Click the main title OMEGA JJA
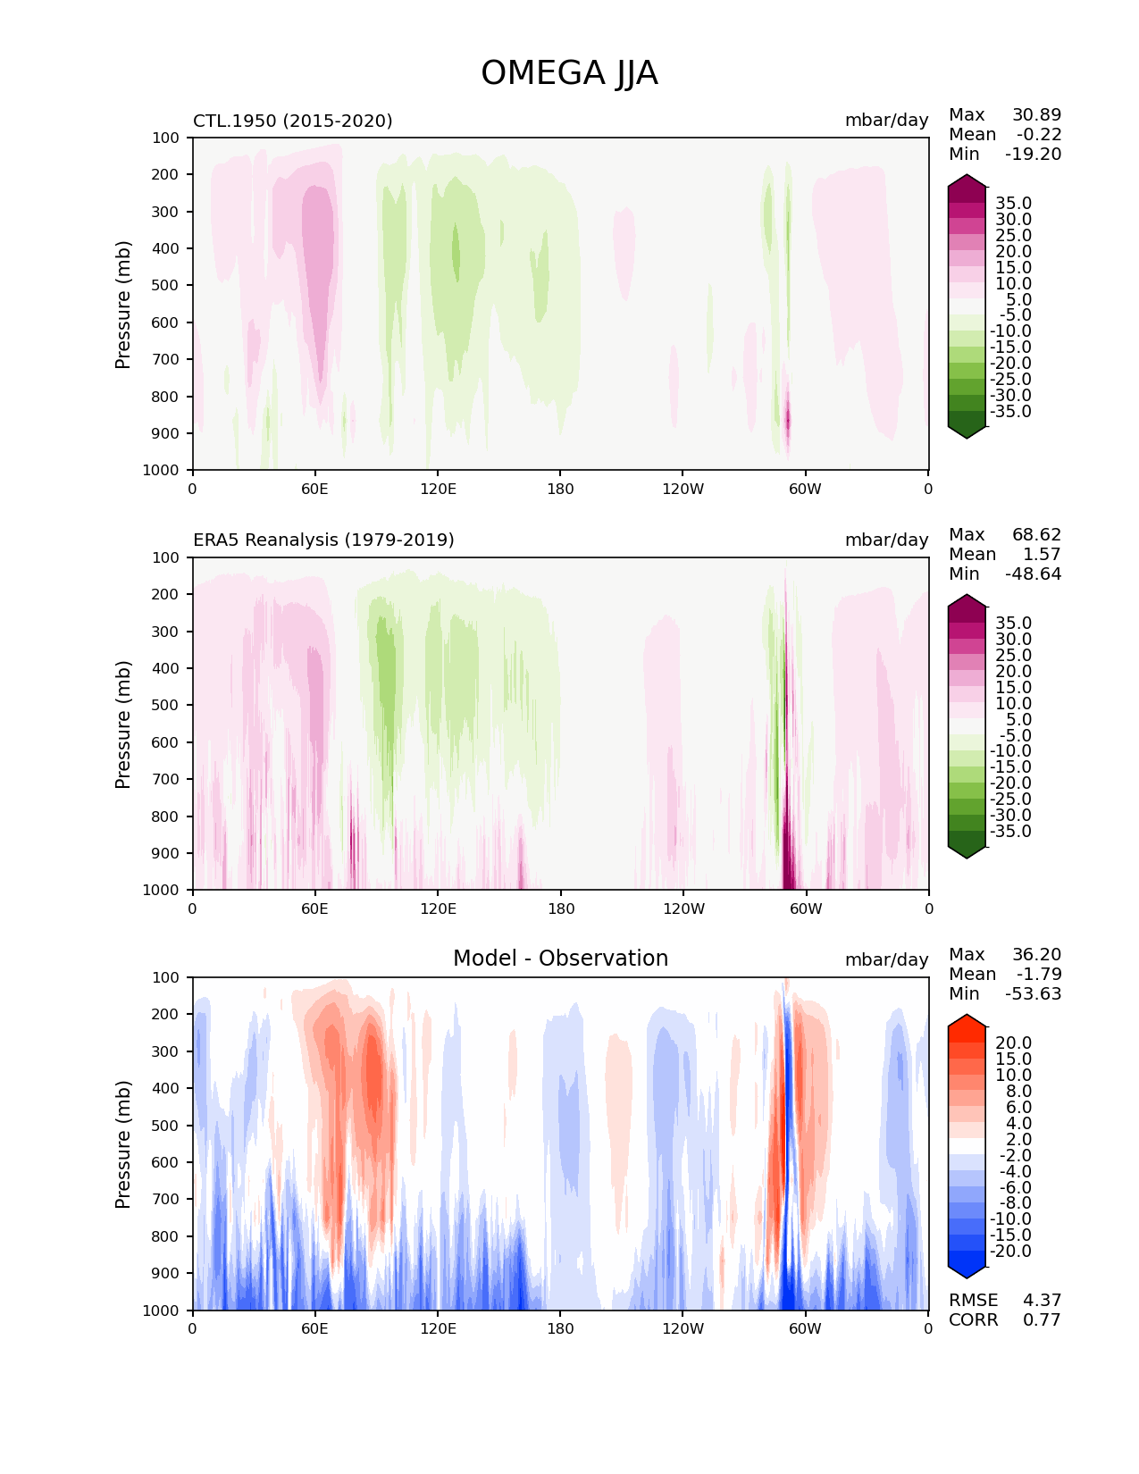(x=569, y=73)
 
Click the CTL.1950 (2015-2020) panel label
(x=293, y=121)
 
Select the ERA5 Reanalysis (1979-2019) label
(x=323, y=540)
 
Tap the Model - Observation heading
(x=560, y=959)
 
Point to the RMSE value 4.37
(x=1042, y=1301)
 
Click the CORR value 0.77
(x=1042, y=1320)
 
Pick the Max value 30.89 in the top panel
(x=1036, y=115)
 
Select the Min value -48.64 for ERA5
(x=1033, y=574)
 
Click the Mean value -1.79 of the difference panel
(x=1038, y=975)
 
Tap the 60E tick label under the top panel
(x=314, y=490)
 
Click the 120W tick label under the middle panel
(x=683, y=909)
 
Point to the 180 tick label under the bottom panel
(x=560, y=1329)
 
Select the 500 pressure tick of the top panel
(x=166, y=286)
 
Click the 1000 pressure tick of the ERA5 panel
(x=163, y=891)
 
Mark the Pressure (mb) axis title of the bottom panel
(x=123, y=1144)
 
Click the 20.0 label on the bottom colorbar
(x=1013, y=1043)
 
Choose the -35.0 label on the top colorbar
(x=1010, y=412)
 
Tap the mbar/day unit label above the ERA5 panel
(x=886, y=540)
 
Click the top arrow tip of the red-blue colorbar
(x=967, y=1016)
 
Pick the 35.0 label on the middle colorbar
(x=1013, y=624)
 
